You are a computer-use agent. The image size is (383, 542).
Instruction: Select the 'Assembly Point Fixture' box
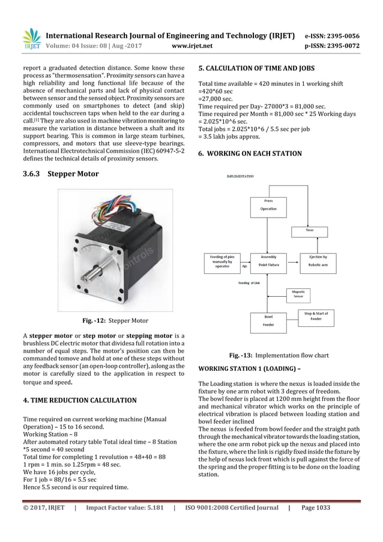coord(268,260)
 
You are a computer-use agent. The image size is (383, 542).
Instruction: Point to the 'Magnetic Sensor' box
coord(297,293)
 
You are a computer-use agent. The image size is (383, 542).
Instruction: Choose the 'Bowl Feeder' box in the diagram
coord(268,320)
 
